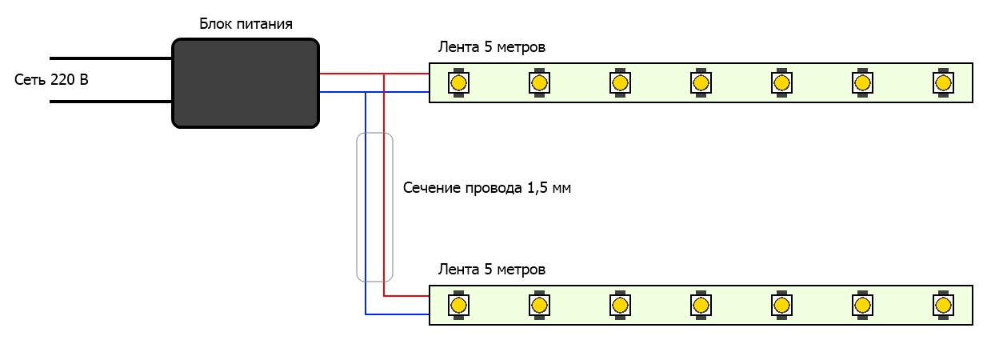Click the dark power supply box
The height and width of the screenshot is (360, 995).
click(x=246, y=83)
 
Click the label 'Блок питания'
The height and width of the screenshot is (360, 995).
click(x=246, y=23)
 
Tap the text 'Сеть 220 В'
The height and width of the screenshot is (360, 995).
click(x=51, y=79)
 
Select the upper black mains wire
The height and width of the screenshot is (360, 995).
click(x=110, y=58)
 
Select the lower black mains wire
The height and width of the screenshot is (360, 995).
click(x=110, y=102)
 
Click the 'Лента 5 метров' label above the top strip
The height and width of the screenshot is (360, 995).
click(x=492, y=47)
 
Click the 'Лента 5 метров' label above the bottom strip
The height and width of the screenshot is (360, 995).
click(x=492, y=270)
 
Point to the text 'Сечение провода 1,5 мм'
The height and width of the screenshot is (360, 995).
click(x=487, y=188)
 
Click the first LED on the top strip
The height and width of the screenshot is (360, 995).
click(x=458, y=82)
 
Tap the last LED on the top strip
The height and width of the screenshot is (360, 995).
click(x=943, y=82)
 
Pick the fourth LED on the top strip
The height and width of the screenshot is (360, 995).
click(x=701, y=82)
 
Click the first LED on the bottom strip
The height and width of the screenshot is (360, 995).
click(x=458, y=306)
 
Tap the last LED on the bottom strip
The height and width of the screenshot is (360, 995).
click(x=943, y=306)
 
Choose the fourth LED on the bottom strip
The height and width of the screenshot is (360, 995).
click(x=701, y=306)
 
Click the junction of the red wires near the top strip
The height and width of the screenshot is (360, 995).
click(x=384, y=74)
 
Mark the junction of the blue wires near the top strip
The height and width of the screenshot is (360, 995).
click(x=366, y=92)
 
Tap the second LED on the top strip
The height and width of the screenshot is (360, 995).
click(x=539, y=82)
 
